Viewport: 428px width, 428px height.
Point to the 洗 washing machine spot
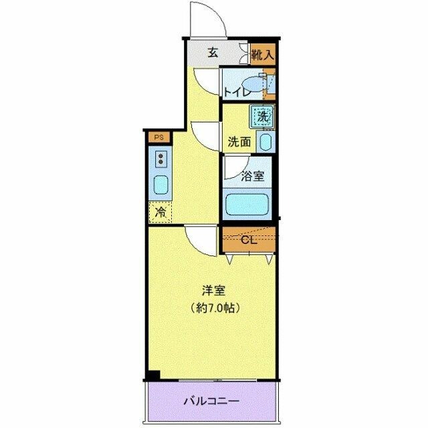click(x=262, y=116)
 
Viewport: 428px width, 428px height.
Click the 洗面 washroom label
click(x=239, y=142)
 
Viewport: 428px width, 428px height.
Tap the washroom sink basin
click(x=265, y=142)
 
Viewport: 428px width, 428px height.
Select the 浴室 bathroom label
click(x=252, y=177)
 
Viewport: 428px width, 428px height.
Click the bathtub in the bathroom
click(x=247, y=203)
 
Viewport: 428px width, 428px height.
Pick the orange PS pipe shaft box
click(x=159, y=138)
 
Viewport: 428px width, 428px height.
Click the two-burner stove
click(x=161, y=159)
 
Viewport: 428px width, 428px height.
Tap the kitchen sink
click(x=161, y=185)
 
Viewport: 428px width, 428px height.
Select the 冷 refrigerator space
click(x=160, y=213)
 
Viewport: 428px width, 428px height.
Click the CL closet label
click(x=247, y=239)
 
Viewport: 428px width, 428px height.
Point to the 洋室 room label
click(x=214, y=291)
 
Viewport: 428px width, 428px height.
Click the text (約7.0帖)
click(x=214, y=308)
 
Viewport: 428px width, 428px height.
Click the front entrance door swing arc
click(x=207, y=19)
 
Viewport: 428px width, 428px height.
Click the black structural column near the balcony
click(x=153, y=376)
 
